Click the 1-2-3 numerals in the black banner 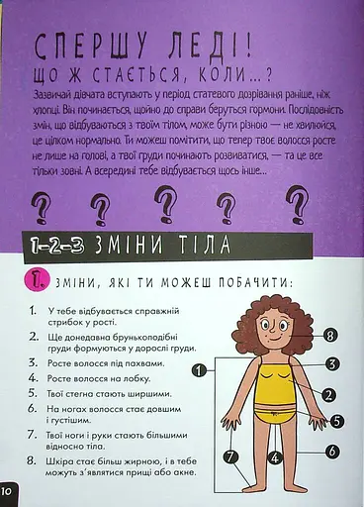(x=58, y=242)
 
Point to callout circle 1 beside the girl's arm (x=200, y=371)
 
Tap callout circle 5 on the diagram (x=336, y=420)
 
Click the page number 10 (x=7, y=491)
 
